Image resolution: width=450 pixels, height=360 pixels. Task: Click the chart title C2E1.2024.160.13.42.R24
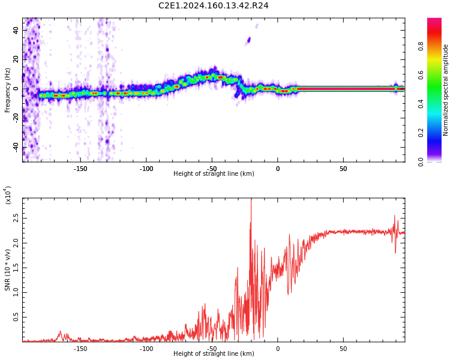coord(213,6)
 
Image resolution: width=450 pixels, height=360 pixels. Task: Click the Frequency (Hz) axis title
coord(8,90)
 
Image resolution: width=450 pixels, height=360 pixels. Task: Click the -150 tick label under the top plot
coord(80,169)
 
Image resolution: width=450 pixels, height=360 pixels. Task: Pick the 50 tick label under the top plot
coord(343,169)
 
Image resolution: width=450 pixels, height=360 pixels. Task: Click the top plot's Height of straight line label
coord(214,174)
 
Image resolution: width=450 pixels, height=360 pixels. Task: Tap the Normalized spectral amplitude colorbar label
coord(446,90)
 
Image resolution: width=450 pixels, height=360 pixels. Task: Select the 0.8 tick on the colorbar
coord(421,45)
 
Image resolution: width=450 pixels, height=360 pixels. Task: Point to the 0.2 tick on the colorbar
coord(421,133)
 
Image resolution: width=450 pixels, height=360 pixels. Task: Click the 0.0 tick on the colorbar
coord(421,161)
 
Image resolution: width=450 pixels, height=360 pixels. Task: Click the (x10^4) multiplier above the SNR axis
coord(8,196)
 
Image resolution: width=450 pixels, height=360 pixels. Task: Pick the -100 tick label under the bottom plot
coord(146,349)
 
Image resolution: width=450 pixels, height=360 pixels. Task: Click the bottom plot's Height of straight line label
coord(214,354)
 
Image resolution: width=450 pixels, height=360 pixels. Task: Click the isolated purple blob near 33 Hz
coord(248,40)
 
